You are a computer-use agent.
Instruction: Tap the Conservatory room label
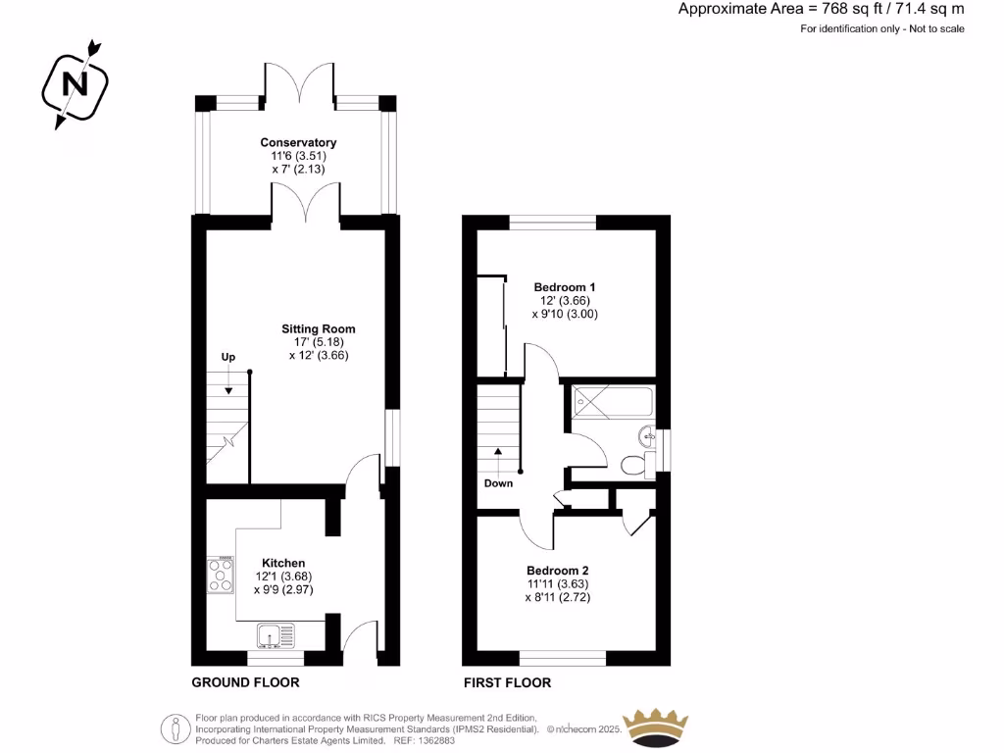[298, 143]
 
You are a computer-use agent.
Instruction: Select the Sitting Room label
[318, 329]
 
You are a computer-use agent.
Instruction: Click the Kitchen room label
[282, 563]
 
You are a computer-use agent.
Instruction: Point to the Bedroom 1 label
[565, 287]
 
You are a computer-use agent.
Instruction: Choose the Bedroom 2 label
[557, 571]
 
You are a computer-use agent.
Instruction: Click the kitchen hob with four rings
[221, 575]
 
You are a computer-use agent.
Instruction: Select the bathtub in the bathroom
[613, 398]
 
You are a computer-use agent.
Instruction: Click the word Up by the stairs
[228, 357]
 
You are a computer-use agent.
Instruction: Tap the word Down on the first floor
[498, 483]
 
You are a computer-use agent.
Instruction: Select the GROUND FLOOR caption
[245, 682]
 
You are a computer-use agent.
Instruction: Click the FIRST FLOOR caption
[507, 682]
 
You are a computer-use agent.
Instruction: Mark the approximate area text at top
[821, 9]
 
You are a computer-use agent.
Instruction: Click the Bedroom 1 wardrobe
[490, 326]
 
